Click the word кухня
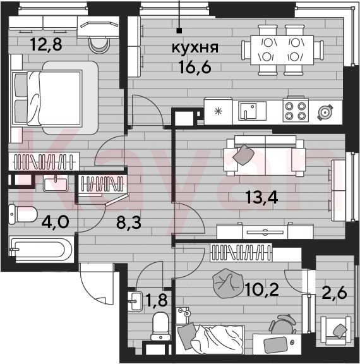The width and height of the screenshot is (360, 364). click(195, 48)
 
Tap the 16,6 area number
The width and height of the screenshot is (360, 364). click(195, 67)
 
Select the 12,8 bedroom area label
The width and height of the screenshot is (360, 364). click(46, 44)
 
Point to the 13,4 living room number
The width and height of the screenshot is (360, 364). click(261, 198)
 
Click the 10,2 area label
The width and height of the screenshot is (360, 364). click(261, 289)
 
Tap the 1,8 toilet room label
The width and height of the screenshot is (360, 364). click(157, 300)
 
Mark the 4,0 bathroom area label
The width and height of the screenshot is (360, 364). click(55, 222)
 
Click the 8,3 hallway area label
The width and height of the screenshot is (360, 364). click(129, 222)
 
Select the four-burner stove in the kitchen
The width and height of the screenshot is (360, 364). click(296, 111)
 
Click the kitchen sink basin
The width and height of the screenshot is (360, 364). click(253, 111)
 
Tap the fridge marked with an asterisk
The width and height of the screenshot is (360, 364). click(218, 111)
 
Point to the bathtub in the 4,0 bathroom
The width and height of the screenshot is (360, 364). click(40, 249)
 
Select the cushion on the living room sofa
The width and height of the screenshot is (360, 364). click(243, 155)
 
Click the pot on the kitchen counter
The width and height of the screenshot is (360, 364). click(325, 112)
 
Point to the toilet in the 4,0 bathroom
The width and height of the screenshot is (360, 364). click(23, 214)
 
